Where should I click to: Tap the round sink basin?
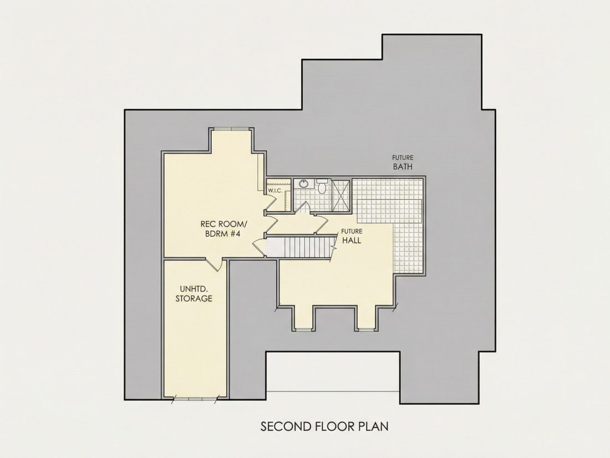click(x=303, y=184)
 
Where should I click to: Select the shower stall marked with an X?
click(x=340, y=195)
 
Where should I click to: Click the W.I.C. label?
click(x=275, y=190)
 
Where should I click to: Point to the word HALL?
click(x=351, y=240)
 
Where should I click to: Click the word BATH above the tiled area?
click(x=403, y=167)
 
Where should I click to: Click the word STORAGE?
click(x=194, y=298)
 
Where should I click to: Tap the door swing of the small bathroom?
click(x=303, y=207)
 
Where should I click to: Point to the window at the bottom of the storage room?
click(x=195, y=398)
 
